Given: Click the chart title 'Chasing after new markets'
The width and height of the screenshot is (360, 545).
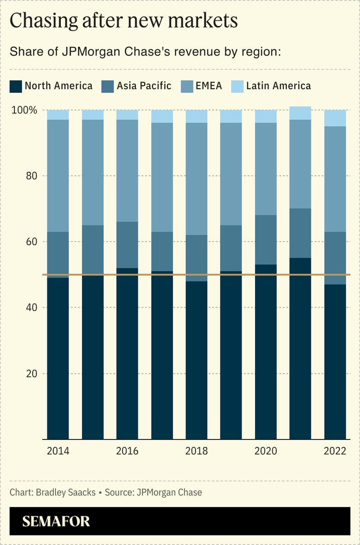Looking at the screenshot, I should coord(123,21).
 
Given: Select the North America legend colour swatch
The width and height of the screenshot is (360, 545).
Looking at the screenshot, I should coord(15,86).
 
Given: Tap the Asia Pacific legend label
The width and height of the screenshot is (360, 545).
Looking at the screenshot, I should coord(144,86).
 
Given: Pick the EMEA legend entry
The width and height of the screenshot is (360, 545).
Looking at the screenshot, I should coord(209,86).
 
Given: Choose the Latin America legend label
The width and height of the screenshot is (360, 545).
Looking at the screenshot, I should coord(278,86).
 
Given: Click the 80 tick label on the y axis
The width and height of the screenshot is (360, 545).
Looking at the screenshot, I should coord(30,176).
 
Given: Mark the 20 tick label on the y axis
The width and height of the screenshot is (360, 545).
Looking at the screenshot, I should coord(30,373).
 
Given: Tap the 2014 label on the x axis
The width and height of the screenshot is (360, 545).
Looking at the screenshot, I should coord(58,451).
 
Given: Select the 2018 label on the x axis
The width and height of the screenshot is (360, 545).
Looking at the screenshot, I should coord(196,451).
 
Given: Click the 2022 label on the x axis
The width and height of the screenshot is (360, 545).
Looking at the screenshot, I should coord(335,451).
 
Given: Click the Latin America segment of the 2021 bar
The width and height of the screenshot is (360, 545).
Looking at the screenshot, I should coord(301,113).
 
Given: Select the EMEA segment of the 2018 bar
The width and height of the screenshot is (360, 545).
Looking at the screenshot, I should coord(196,179).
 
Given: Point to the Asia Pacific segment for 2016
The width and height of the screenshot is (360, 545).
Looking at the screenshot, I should coord(128,245).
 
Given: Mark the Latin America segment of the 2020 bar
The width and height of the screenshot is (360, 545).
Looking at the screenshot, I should coord(266,116).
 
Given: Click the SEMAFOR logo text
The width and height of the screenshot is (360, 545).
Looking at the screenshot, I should coord(56,522).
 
